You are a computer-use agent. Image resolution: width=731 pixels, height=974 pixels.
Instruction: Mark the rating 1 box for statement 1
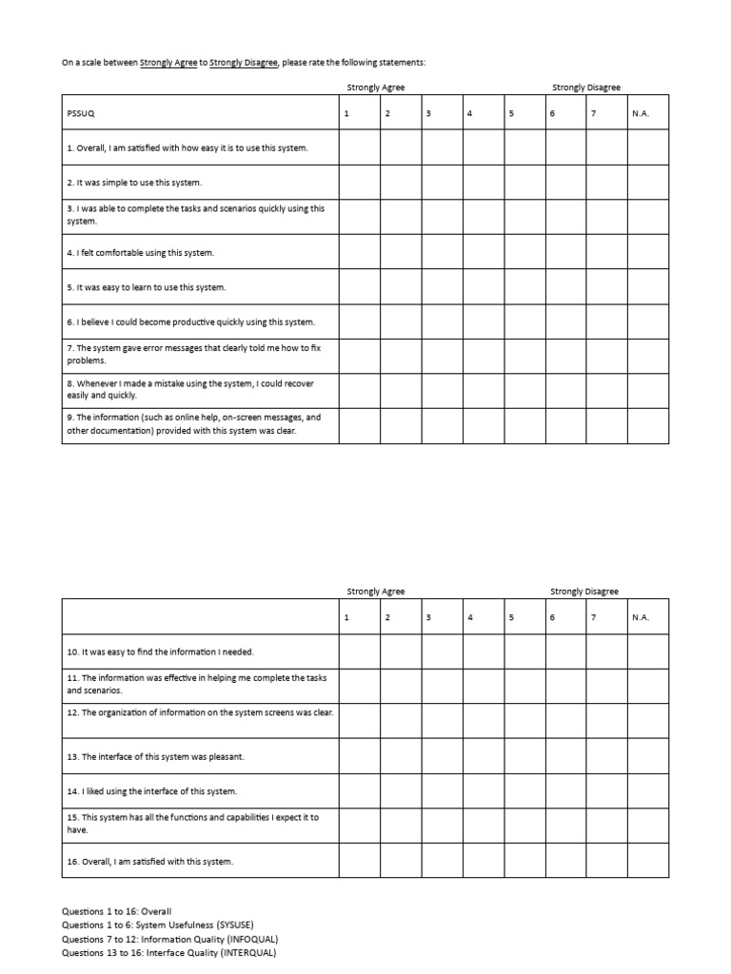click(x=360, y=147)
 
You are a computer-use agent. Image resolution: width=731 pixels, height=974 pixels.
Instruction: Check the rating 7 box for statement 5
click(x=606, y=286)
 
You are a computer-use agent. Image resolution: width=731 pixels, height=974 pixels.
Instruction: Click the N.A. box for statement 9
click(x=647, y=426)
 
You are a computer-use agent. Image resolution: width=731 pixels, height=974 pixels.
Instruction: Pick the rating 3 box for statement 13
click(x=443, y=756)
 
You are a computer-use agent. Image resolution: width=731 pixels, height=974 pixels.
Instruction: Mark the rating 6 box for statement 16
click(x=565, y=861)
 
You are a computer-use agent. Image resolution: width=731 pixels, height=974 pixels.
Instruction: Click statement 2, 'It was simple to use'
click(x=134, y=183)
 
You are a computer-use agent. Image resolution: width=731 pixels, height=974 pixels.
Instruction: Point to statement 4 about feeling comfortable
click(x=141, y=252)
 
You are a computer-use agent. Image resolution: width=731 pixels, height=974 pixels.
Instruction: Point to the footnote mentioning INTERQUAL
click(x=169, y=952)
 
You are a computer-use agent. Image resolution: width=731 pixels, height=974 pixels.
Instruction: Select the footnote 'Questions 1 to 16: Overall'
click(x=116, y=911)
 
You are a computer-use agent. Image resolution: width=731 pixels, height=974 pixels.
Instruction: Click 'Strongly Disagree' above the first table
click(x=585, y=88)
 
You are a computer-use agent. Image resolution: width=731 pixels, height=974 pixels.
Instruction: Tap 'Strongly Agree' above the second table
click(x=376, y=591)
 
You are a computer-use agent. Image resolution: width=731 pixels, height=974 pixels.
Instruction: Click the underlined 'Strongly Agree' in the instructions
click(x=168, y=63)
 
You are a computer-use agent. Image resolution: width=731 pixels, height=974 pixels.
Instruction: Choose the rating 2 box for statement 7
click(x=402, y=356)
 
